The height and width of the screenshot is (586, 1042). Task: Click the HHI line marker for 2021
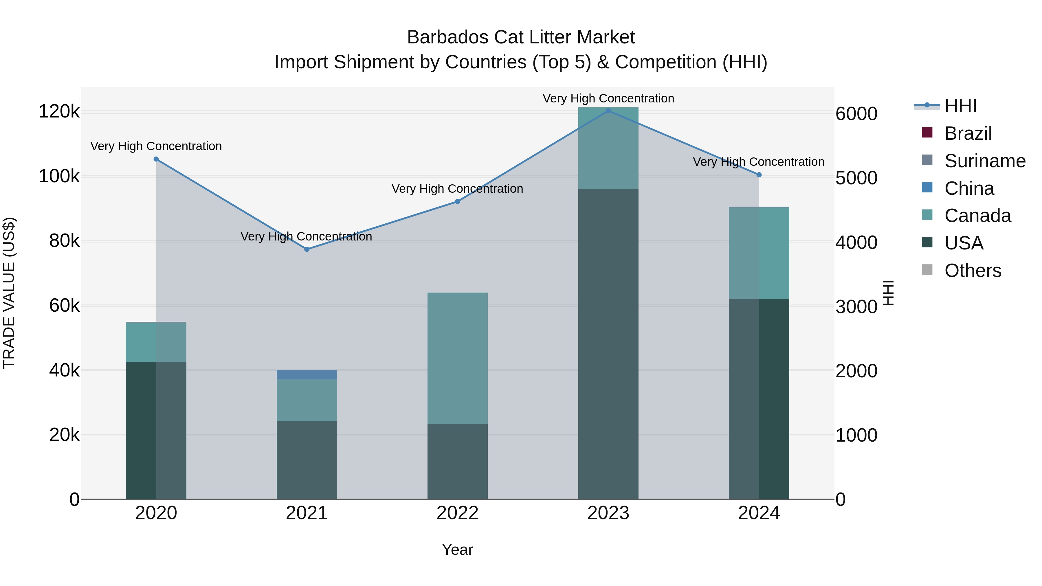307,249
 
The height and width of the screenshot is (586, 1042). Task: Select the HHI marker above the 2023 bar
608,111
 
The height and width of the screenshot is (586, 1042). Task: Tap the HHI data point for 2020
156,159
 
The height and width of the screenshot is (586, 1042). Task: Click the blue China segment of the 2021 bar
307,374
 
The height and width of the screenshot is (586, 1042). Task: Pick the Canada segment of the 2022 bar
458,358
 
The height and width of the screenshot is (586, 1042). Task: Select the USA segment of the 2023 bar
608,344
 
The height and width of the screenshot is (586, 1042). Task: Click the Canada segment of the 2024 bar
759,253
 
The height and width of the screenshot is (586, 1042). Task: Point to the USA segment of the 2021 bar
307,460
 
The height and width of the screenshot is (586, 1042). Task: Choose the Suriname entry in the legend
985,161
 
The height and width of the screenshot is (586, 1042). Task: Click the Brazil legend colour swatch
927,133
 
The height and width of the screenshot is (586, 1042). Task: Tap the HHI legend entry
960,106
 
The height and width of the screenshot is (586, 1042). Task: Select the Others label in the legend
973,271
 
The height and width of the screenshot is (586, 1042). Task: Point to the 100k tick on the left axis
59,177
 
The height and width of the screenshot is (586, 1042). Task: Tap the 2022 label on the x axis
458,513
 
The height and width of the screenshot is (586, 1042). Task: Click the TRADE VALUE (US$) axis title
9,293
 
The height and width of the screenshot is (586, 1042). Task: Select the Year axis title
458,550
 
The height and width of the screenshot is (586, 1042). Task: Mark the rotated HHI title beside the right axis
888,293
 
